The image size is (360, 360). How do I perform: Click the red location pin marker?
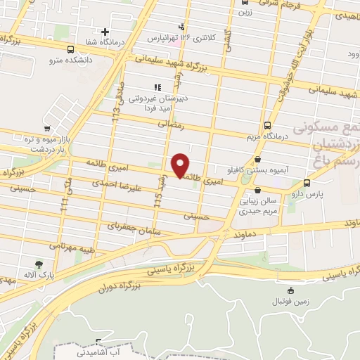pos(181,165)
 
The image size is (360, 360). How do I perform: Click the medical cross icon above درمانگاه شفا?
pos(105,31)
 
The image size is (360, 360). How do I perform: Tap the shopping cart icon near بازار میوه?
pos(46,129)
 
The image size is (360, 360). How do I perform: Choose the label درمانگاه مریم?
pos(266,135)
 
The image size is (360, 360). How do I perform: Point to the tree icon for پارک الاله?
pos(32,266)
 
